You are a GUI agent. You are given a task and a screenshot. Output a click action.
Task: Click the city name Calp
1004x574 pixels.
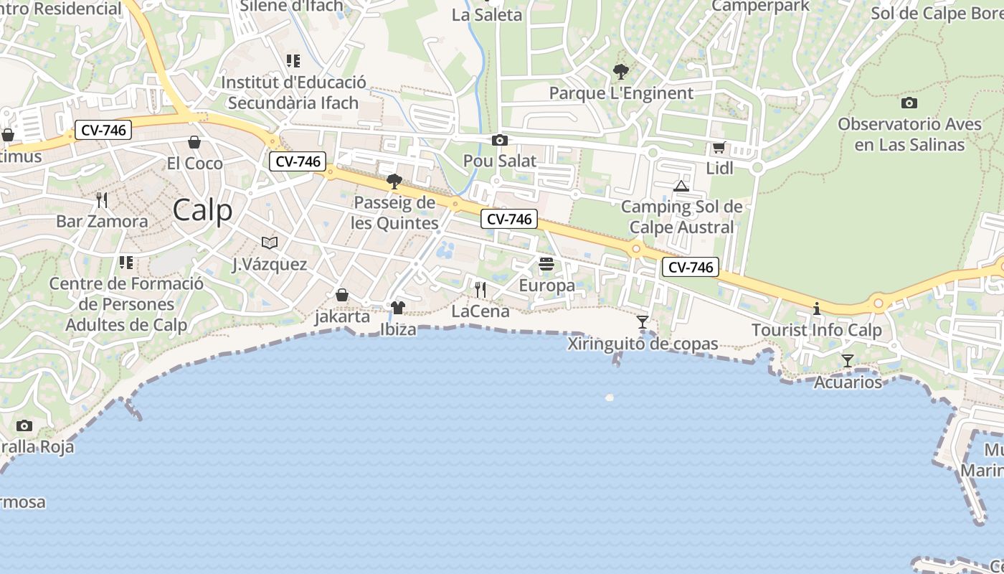(203, 210)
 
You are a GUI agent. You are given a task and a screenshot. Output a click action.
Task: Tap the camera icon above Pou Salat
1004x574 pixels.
(500, 141)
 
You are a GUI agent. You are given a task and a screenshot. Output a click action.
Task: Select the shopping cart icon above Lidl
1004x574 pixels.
(719, 148)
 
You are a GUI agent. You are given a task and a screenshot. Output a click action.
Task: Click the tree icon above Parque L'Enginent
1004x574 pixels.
(621, 72)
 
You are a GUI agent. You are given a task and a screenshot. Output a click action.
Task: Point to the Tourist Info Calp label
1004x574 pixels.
(816, 331)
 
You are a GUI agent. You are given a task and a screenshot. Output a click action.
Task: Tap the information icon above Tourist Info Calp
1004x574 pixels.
(816, 309)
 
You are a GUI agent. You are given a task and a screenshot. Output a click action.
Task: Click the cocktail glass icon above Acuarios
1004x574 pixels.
(848, 361)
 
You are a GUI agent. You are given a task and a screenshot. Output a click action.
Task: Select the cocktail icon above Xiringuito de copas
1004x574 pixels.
(643, 322)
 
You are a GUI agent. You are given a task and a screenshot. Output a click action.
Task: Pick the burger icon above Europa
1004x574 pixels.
(546, 264)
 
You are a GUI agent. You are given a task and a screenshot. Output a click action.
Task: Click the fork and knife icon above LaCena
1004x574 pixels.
(480, 290)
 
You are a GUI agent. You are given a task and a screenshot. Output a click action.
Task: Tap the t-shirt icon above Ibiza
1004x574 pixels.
(398, 308)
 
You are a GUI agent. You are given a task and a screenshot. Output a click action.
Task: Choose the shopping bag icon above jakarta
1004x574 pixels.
(342, 295)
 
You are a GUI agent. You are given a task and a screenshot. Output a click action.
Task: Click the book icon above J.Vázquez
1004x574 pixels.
(269, 243)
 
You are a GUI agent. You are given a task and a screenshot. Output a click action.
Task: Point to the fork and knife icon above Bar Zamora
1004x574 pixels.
(102, 199)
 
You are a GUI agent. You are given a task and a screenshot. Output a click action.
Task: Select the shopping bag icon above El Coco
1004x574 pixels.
(194, 142)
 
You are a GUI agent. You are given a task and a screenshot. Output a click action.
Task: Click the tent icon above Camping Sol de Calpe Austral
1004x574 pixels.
(681, 187)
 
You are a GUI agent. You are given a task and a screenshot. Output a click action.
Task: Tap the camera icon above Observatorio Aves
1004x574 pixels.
(909, 103)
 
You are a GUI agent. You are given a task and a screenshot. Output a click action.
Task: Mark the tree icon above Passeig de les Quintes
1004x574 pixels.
(394, 181)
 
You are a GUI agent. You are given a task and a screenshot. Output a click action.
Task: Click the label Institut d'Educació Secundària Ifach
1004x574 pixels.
(293, 93)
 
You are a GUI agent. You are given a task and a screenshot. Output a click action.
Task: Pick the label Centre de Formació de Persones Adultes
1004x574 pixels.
(126, 304)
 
